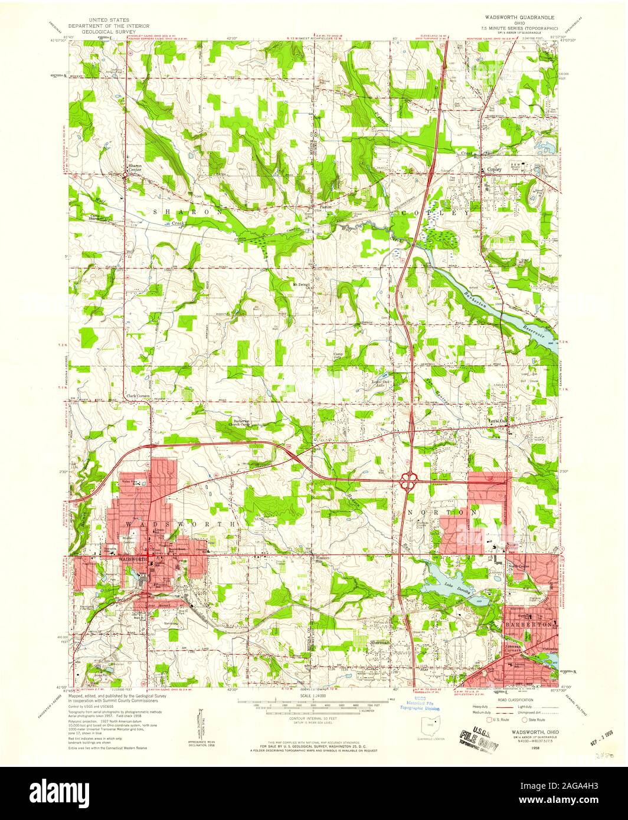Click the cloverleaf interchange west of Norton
point(407,482)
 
